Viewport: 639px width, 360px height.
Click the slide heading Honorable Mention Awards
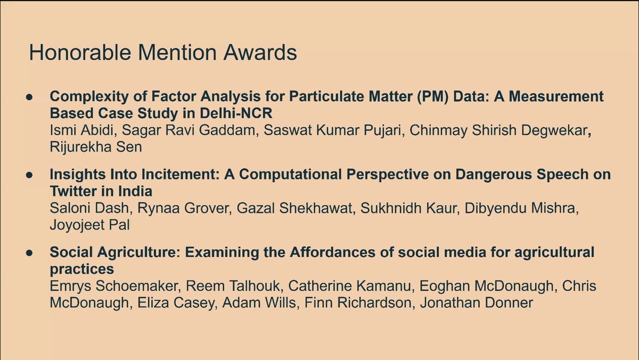162,53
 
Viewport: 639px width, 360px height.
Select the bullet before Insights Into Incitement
29,174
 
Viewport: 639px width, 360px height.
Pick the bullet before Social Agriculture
29,252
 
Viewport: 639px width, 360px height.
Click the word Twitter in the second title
73,191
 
